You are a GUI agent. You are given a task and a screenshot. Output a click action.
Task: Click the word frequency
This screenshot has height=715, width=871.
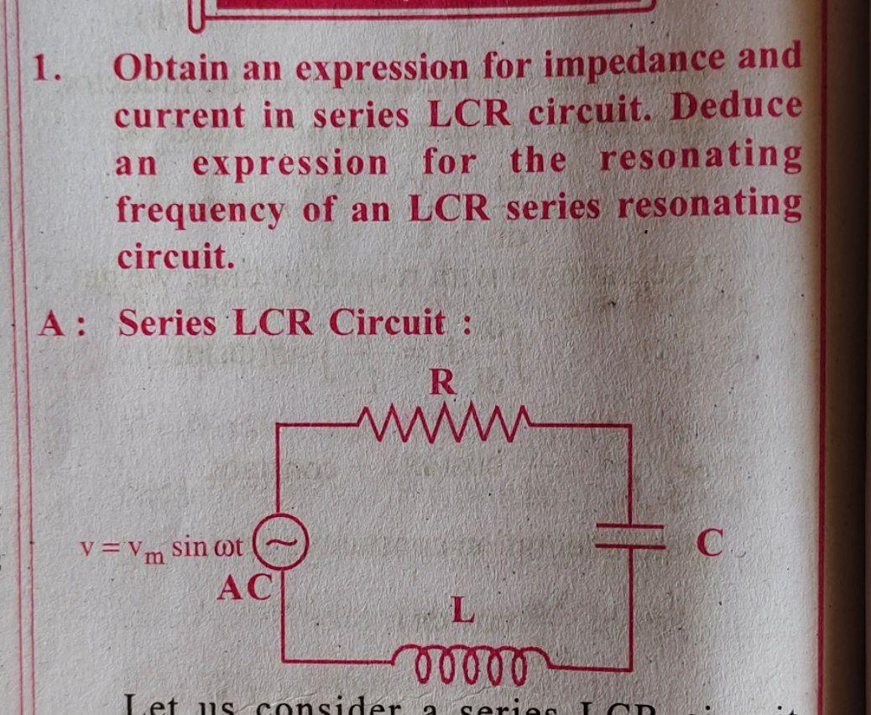200,211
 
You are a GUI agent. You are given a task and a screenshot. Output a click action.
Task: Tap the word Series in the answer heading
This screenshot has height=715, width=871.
167,323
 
